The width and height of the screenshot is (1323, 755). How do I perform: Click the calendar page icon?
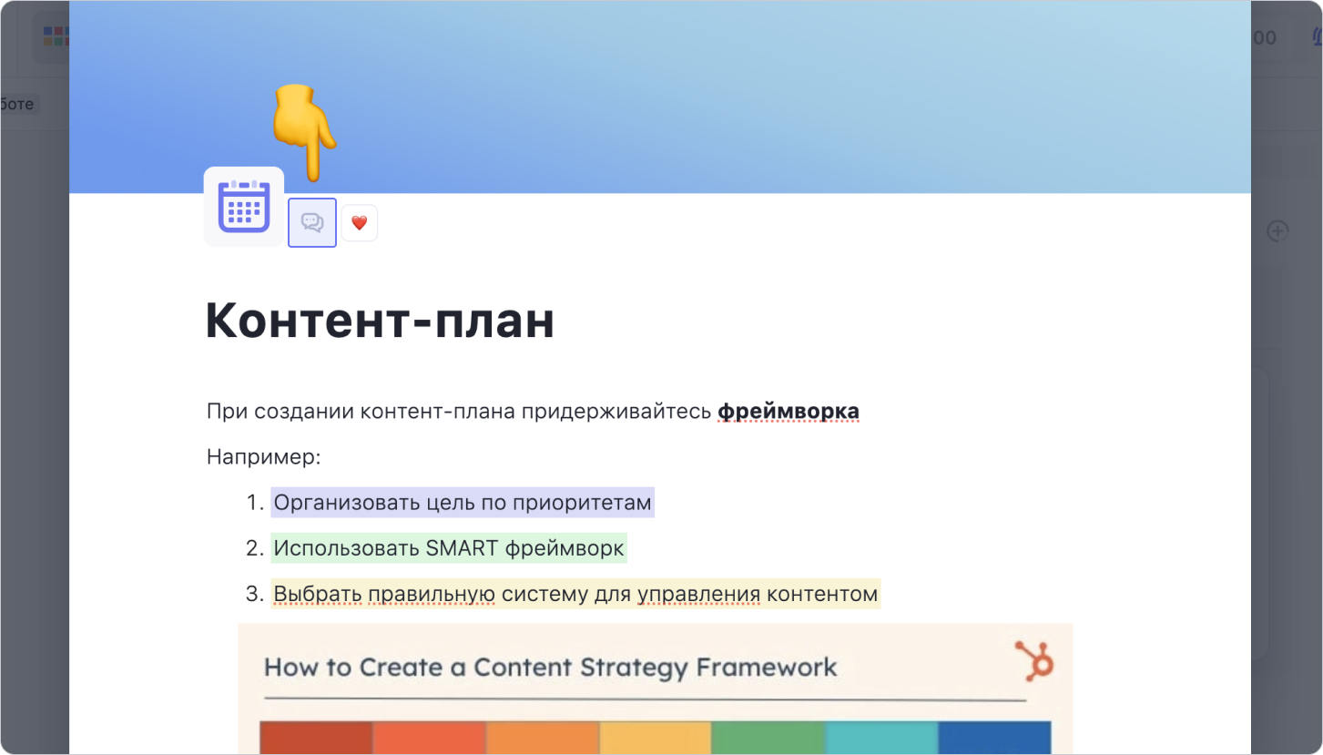coord(244,206)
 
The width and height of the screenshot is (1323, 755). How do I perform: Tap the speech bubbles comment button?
coord(312,223)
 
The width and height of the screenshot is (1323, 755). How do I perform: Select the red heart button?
coord(359,223)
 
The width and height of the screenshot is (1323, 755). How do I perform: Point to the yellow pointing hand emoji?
coord(303,132)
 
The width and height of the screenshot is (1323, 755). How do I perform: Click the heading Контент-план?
coord(380,321)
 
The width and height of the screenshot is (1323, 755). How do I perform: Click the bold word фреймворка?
coord(788,411)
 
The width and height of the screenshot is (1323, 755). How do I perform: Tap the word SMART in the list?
coord(462,548)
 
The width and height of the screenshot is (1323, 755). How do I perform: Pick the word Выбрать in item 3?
coord(318,594)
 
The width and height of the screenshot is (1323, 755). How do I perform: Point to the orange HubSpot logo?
coord(1034,661)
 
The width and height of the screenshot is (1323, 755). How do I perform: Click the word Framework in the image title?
coord(766,668)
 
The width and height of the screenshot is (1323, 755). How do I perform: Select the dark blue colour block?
coord(994,738)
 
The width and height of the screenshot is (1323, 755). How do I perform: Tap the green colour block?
coord(768,738)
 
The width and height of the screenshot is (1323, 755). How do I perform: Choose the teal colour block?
coord(881,738)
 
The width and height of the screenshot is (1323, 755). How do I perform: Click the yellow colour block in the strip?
coord(655,738)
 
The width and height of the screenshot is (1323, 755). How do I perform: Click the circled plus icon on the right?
coord(1277,231)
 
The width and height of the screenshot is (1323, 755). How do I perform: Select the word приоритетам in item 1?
coord(582,504)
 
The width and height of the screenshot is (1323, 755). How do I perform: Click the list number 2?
coord(255,548)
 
